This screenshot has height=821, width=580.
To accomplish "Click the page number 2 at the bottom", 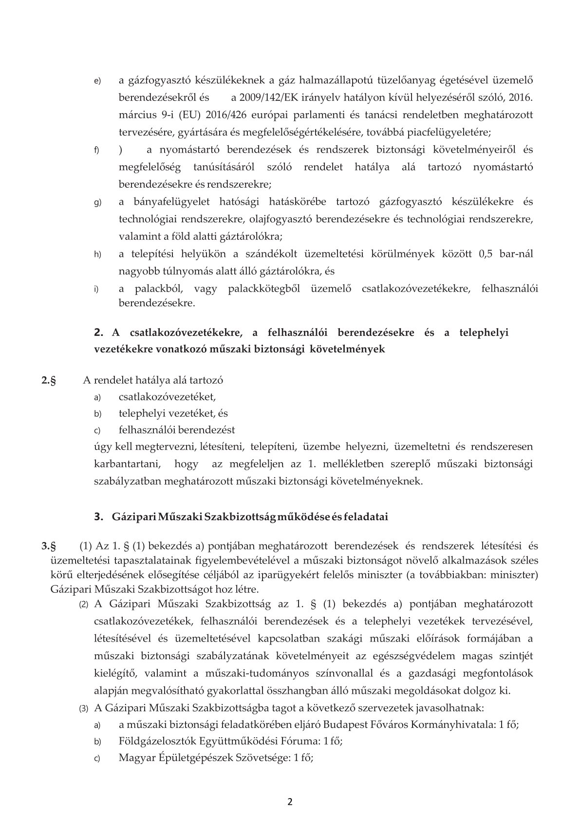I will coord(290,801).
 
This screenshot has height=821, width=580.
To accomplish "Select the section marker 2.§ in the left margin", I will coord(49,380).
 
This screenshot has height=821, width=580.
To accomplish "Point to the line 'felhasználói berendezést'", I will coord(177,430).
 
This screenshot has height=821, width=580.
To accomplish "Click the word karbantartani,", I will coord(126,464).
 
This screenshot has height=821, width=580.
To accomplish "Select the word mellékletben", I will coord(345,464).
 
